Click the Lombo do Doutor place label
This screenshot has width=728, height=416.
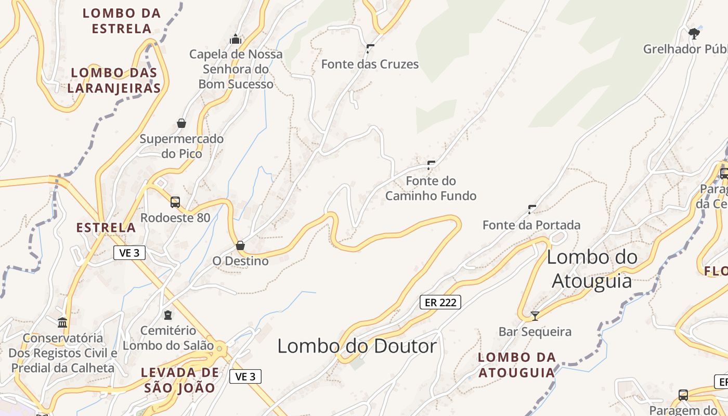(x=357, y=346)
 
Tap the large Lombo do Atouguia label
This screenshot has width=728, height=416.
(x=592, y=268)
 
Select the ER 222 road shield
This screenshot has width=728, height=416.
(x=440, y=302)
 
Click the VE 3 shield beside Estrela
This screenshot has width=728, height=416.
(x=129, y=253)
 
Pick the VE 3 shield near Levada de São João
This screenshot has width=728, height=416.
(x=245, y=376)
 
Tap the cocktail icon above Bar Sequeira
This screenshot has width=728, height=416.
(x=535, y=316)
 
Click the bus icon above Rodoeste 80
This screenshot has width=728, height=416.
(x=175, y=202)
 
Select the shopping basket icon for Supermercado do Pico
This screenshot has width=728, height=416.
(x=181, y=123)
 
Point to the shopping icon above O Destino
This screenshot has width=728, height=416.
(x=240, y=245)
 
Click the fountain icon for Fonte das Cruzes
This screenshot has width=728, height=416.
(x=370, y=49)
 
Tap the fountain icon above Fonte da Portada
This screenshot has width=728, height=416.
(x=532, y=210)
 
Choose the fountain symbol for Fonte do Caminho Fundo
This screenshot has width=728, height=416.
(x=431, y=165)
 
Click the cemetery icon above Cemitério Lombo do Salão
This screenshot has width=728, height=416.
(x=167, y=315)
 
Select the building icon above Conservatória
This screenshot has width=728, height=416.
(x=63, y=323)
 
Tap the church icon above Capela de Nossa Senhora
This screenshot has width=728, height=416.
(x=236, y=39)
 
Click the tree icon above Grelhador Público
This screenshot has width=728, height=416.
(x=694, y=34)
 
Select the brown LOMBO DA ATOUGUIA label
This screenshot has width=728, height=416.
(x=517, y=365)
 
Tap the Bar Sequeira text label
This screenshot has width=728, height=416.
(x=535, y=332)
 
